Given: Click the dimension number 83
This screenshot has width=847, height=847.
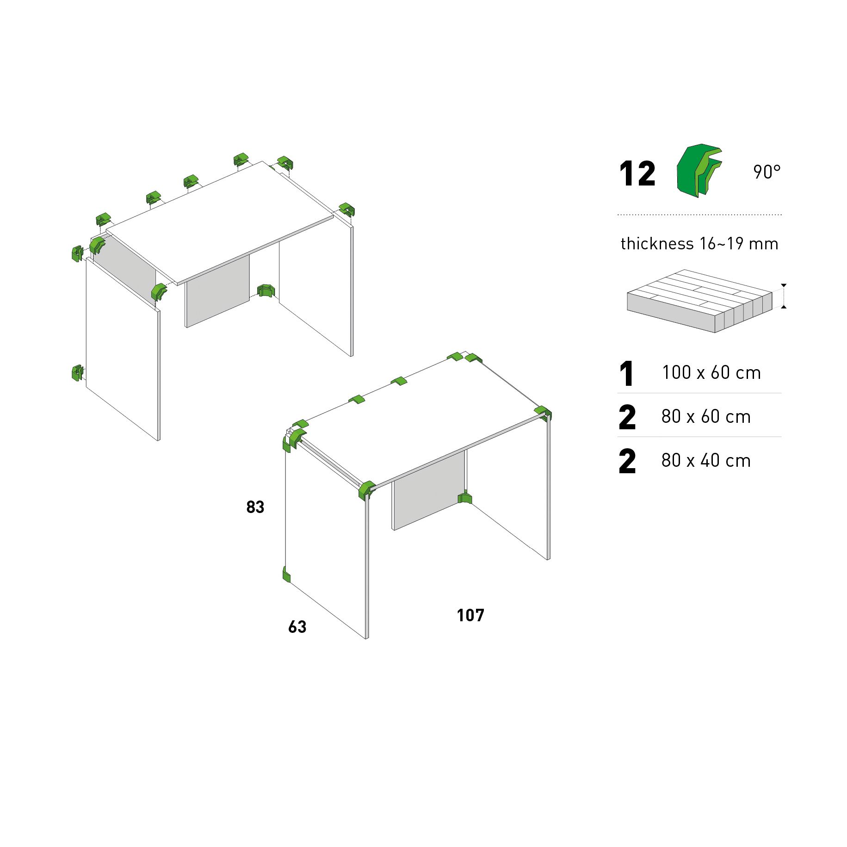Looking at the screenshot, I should (255, 507).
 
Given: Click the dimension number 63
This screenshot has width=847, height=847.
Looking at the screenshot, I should (297, 627).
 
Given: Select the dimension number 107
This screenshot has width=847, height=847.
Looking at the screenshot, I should (470, 615).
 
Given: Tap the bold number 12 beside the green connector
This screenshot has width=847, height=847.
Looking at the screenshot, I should (637, 174).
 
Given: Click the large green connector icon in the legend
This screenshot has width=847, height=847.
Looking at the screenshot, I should (698, 170).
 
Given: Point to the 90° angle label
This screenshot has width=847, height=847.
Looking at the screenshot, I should (767, 172).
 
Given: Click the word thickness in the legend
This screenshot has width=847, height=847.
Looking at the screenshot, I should (657, 244).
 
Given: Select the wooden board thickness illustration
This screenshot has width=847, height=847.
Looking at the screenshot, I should (699, 301).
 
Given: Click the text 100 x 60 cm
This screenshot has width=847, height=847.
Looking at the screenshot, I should (711, 373).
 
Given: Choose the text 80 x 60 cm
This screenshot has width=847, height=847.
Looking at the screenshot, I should (706, 417).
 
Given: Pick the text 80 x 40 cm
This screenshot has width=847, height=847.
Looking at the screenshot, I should (706, 461).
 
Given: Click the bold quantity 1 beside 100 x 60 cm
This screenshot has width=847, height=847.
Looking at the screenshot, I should (627, 374).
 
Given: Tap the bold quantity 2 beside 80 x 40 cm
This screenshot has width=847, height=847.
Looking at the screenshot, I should (627, 461).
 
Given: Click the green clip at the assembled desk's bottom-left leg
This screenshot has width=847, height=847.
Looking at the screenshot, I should (286, 575).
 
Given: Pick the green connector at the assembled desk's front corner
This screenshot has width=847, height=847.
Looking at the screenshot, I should (366, 490).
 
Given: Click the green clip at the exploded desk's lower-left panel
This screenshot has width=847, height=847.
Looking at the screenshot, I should (77, 372).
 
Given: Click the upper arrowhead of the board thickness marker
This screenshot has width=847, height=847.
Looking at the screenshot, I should (784, 285).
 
